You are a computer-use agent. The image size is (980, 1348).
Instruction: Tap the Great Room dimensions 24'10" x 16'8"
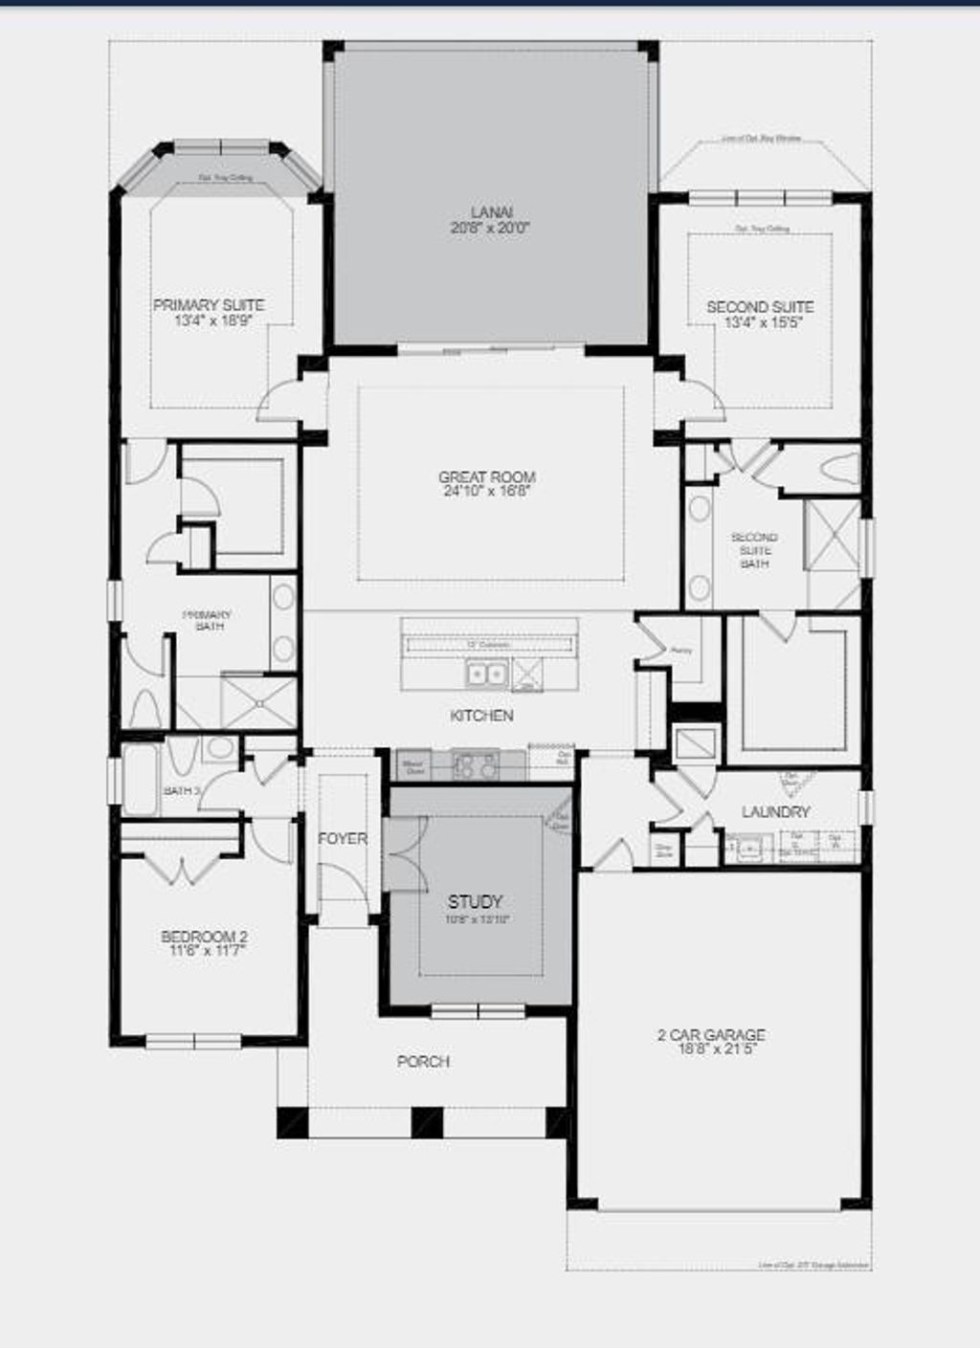[486, 491]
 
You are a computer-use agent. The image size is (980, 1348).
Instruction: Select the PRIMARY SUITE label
[209, 305]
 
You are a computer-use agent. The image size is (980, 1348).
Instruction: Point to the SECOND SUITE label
[760, 307]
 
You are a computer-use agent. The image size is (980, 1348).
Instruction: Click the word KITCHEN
[481, 716]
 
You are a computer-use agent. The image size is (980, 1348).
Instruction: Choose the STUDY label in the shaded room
[475, 901]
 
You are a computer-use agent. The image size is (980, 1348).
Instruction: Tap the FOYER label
[342, 839]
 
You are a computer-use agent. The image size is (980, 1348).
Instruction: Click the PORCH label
[423, 1062]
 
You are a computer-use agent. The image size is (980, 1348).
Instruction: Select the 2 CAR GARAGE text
[711, 1035]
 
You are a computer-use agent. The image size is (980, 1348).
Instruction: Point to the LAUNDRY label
[775, 812]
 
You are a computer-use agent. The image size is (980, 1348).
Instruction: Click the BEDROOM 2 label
[204, 937]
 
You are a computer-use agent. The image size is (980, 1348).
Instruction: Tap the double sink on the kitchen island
[486, 675]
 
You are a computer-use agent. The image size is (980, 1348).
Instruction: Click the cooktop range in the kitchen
[476, 764]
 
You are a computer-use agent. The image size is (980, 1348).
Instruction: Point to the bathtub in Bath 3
[140, 780]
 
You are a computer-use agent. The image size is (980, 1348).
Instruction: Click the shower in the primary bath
[259, 702]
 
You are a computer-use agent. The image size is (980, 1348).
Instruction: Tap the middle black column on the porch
[427, 1121]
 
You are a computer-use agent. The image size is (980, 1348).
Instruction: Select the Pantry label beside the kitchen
[681, 651]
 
